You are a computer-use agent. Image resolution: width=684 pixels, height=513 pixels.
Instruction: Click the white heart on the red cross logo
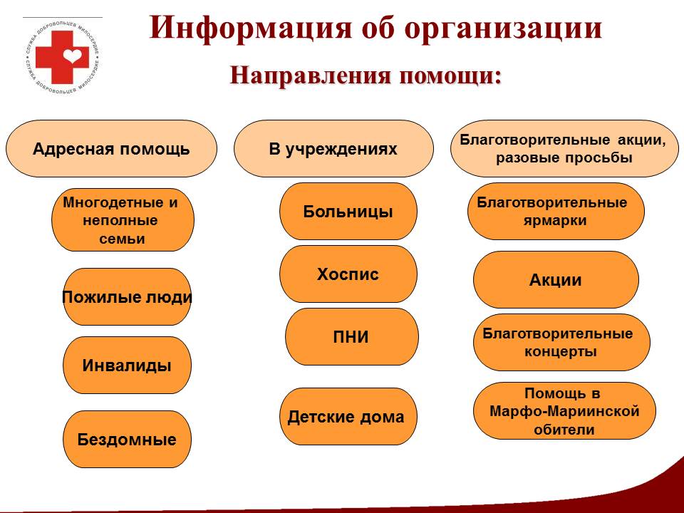(72, 56)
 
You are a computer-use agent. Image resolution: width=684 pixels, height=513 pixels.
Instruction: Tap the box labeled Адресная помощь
(111, 149)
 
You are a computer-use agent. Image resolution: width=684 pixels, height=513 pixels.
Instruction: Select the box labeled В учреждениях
(333, 149)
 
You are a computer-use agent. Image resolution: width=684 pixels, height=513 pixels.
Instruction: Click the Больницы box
(348, 212)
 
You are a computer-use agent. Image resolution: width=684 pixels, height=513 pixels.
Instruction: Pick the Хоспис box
(348, 274)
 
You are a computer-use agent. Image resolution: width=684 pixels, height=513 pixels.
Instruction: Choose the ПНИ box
(351, 337)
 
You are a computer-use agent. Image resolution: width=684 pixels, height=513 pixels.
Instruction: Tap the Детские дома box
(348, 417)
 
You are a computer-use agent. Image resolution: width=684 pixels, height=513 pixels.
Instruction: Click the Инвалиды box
(127, 365)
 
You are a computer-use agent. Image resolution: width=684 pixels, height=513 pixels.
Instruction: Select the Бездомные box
(127, 440)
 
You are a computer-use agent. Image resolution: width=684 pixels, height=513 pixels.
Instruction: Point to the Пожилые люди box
(127, 296)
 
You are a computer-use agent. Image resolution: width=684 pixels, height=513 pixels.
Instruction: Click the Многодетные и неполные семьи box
(123, 220)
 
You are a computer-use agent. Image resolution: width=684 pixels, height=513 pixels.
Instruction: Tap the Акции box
(556, 279)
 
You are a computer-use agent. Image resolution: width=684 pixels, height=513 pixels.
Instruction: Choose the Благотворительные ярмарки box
(556, 212)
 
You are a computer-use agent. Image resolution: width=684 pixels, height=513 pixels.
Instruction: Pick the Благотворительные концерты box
(561, 343)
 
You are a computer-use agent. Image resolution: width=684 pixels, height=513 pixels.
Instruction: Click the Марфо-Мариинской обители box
(564, 411)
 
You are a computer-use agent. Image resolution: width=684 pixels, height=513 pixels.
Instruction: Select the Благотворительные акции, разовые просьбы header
(564, 149)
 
